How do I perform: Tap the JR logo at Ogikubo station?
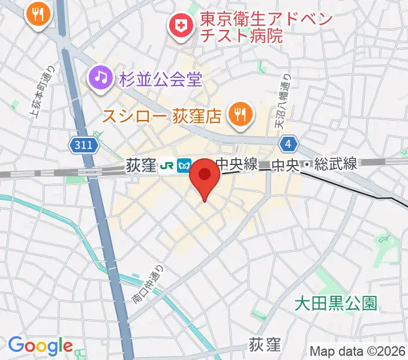click(168, 166)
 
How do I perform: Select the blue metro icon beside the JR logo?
click(184, 166)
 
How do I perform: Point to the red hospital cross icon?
click(179, 26)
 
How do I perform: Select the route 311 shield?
click(80, 145)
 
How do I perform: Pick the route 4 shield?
click(289, 144)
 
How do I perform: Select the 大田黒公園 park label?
click(336, 304)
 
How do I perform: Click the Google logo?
click(40, 346)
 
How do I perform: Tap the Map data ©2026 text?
click(358, 350)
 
